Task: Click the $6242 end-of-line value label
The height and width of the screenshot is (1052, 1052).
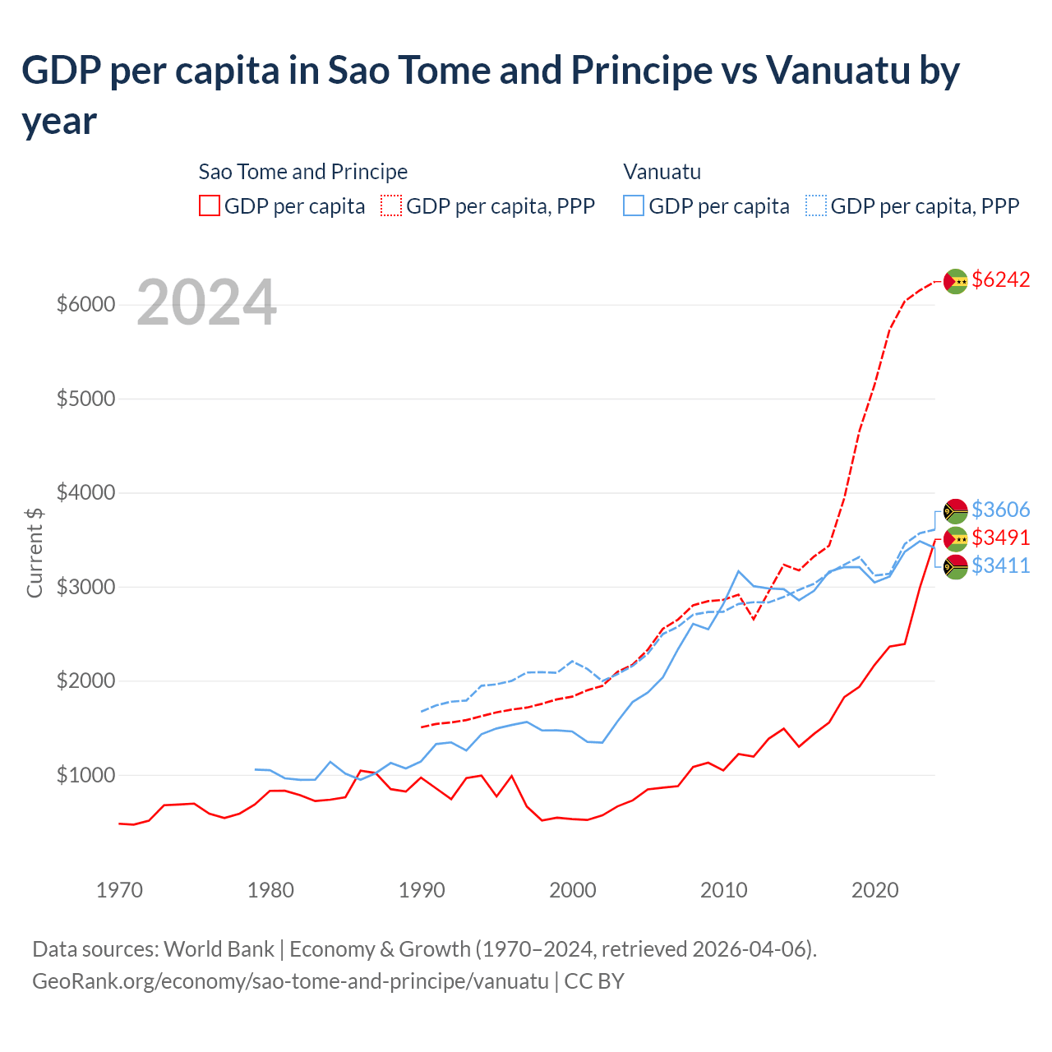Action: click(x=1000, y=279)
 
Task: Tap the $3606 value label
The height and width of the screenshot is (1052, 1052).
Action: click(x=1000, y=510)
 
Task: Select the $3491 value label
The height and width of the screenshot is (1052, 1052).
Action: click(x=1000, y=538)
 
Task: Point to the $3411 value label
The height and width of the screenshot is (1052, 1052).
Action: click(x=1000, y=565)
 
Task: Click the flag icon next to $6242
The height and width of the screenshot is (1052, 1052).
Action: click(x=955, y=281)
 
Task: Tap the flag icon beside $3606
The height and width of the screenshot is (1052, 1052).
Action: click(x=955, y=511)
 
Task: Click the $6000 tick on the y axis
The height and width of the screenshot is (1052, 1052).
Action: click(x=85, y=305)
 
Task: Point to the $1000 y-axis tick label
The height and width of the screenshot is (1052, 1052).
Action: click(x=85, y=775)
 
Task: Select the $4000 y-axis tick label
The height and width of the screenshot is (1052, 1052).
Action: click(x=85, y=493)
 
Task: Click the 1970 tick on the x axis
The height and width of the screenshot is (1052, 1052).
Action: click(x=119, y=890)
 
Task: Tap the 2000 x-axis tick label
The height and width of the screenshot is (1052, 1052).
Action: click(x=572, y=890)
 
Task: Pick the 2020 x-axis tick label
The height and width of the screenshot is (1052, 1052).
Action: click(x=874, y=890)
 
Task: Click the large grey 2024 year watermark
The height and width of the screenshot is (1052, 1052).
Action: click(x=206, y=302)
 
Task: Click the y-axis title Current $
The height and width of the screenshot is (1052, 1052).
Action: click(x=35, y=552)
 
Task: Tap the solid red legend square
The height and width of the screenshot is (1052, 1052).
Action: click(x=210, y=205)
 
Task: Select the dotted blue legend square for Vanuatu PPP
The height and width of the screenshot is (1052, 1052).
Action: click(x=816, y=205)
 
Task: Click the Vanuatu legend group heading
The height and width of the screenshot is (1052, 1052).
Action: click(x=662, y=172)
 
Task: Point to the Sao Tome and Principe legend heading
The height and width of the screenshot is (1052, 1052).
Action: click(x=303, y=172)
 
